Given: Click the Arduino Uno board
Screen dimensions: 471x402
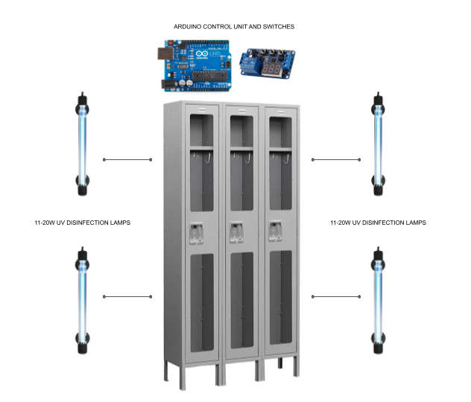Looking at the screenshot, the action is pos(195,66).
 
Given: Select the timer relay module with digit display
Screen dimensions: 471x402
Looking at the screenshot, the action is pos(267,63).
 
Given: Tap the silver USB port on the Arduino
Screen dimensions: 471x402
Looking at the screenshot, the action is pos(165,54).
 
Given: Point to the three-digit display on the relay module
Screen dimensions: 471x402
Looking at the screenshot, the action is pos(271,69).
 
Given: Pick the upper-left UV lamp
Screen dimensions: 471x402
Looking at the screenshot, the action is pos(82,144).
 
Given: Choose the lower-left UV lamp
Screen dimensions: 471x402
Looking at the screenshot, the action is pos(82,300).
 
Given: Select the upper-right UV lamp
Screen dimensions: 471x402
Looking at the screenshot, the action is pos(378,144).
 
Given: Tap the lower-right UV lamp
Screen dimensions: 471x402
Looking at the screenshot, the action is pos(378,300).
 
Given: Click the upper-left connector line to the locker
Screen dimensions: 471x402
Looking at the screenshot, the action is pos(127,159).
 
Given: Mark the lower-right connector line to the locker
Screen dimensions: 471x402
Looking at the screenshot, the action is pos(336,297).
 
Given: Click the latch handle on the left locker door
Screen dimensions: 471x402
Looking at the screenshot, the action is pos(196,234).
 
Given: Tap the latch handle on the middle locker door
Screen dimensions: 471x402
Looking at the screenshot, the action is pos(236,232).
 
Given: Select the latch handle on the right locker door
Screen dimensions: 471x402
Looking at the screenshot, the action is pos(275,230).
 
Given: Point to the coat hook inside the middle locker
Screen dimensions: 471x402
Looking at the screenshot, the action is pos(248,159).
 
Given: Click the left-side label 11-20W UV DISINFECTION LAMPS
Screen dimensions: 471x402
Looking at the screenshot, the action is pos(83,223).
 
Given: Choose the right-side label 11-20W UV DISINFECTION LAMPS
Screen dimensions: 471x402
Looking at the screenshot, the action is pos(378,223).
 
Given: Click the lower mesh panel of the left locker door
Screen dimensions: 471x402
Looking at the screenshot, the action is pos(202,302).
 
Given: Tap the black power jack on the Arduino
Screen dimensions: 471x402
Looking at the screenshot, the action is pos(168,84).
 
